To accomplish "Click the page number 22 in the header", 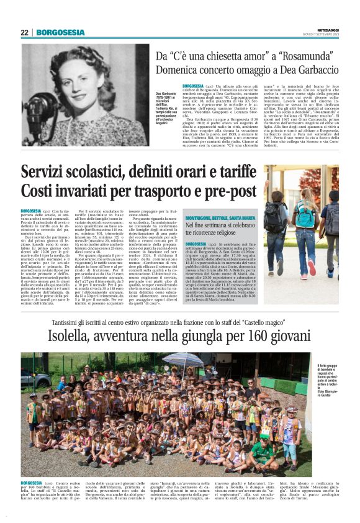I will (25, 32).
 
